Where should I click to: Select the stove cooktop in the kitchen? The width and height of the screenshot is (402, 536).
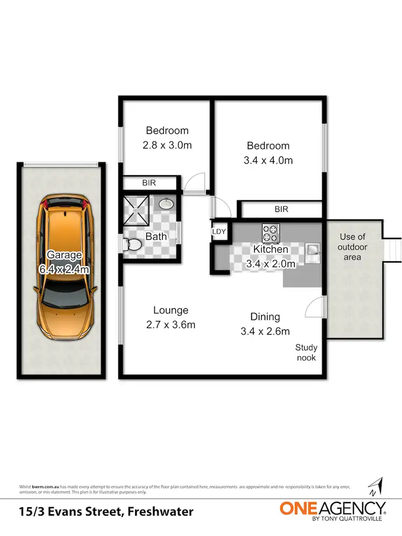point(271,233)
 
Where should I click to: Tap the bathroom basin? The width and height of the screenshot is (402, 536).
point(166,204)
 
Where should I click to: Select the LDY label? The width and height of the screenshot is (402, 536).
point(219,232)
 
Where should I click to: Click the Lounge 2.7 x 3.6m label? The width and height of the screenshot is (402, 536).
point(170,317)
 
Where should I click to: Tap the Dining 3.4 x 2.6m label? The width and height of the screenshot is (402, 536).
point(265,324)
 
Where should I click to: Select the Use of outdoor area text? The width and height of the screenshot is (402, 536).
point(353,247)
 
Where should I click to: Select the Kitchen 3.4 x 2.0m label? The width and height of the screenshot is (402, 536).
point(271,256)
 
